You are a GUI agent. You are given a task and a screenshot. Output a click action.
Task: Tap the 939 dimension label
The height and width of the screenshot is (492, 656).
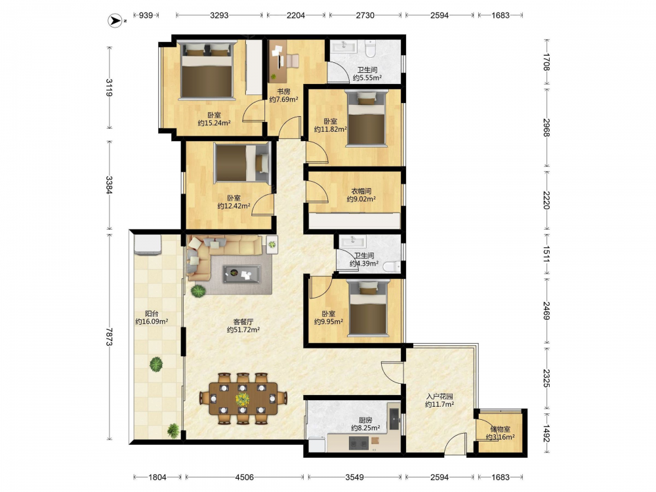[146, 16]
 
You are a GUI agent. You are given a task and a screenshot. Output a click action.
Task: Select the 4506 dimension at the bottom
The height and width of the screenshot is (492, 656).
[244, 477]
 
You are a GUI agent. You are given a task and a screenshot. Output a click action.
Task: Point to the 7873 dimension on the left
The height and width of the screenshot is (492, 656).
[109, 337]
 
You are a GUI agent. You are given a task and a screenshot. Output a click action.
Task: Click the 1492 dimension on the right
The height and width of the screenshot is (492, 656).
[546, 433]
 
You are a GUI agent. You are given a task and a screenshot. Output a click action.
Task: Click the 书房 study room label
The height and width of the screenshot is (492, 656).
[283, 92]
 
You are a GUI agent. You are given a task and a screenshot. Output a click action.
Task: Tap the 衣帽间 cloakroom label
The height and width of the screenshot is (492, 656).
[361, 191]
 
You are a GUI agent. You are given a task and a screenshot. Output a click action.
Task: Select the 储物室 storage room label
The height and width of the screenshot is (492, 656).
[501, 429]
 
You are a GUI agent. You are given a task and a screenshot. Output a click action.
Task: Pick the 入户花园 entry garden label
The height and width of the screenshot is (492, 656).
[440, 397]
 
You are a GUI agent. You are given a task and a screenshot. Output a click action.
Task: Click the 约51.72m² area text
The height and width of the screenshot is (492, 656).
[243, 330]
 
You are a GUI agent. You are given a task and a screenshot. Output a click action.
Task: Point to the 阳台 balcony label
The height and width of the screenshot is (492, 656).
[152, 314]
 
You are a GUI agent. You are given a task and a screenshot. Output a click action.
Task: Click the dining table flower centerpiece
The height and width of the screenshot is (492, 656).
[242, 399]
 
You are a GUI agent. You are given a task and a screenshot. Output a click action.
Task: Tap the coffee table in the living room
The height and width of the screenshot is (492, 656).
[241, 274]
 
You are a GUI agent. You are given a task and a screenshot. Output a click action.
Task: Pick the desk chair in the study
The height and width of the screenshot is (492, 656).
[293, 61]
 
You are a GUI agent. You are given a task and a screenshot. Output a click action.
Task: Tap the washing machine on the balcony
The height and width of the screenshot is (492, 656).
[147, 245]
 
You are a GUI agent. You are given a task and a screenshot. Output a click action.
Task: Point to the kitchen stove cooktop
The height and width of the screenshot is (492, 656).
[359, 443]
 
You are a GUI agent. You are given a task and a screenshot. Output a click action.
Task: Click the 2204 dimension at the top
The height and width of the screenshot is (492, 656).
[296, 16]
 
